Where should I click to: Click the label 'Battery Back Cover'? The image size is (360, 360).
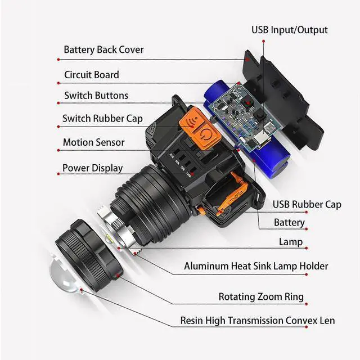click(103, 49)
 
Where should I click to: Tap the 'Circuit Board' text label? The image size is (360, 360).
click(91, 75)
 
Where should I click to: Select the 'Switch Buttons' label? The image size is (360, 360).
click(96, 96)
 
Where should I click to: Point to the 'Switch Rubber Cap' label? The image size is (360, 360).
click(102, 119)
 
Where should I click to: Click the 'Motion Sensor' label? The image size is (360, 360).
click(93, 142)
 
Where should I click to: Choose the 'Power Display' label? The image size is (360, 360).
click(92, 168)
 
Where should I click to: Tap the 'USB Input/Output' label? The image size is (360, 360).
click(289, 30)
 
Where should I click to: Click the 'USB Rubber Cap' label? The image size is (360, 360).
click(307, 204)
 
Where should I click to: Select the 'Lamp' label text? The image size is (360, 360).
click(291, 242)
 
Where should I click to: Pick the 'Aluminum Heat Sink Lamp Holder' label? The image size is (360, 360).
click(256, 266)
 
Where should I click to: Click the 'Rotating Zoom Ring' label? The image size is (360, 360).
click(261, 296)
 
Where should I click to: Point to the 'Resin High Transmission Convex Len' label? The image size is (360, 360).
click(257, 321)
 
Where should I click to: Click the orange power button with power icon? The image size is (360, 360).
click(206, 137)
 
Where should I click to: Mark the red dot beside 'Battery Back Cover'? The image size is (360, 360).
click(58, 58)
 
